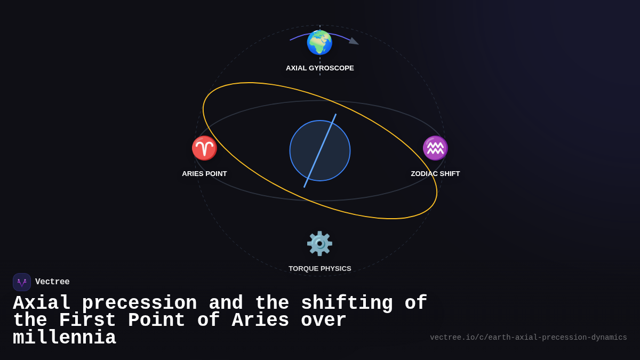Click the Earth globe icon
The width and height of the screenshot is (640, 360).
tap(319, 43)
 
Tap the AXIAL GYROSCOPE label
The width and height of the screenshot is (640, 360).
tap(320, 68)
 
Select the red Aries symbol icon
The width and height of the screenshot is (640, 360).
tap(204, 148)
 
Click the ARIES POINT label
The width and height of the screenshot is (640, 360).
tap(204, 174)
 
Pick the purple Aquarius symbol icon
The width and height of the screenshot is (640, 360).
tap(435, 148)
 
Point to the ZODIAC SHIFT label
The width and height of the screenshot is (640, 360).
tap(435, 174)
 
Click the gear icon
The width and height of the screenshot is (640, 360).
tap(319, 243)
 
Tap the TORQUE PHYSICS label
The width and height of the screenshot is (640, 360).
tap(320, 269)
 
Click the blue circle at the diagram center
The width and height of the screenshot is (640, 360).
tap(320, 151)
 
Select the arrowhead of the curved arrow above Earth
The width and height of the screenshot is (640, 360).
tap(354, 41)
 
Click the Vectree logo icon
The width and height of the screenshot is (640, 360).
tap(22, 282)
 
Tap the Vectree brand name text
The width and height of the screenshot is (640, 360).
tap(52, 282)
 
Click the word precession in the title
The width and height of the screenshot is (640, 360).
tap(139, 303)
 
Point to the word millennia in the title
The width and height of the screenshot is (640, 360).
tap(65, 338)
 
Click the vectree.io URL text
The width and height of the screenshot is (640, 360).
tap(528, 338)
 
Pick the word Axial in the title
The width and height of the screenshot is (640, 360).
tap(42, 303)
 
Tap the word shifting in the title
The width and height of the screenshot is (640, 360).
tap(347, 303)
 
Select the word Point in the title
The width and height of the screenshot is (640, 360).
tap(157, 321)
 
